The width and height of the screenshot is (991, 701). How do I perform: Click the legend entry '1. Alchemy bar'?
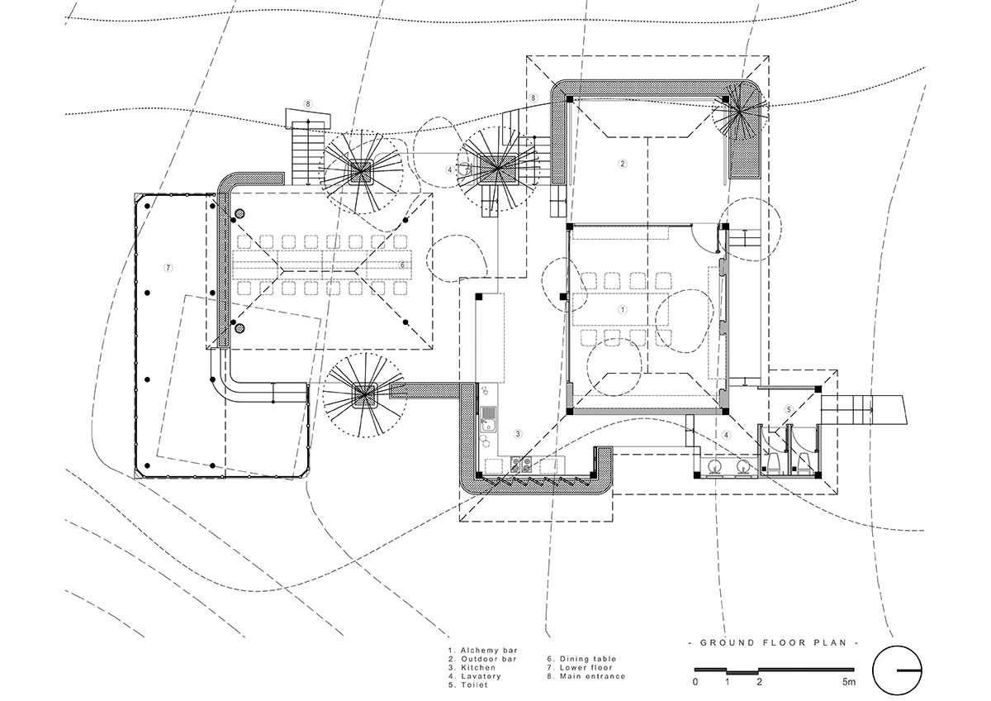pyautogui.click(x=482, y=651)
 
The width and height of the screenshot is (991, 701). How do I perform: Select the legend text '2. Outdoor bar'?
pyautogui.click(x=482, y=659)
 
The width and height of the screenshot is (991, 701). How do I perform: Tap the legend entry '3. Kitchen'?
pyautogui.click(x=472, y=667)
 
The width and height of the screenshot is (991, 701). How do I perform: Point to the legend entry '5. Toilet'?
pyautogui.click(x=468, y=684)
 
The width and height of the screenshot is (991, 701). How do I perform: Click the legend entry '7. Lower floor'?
pyautogui.click(x=580, y=667)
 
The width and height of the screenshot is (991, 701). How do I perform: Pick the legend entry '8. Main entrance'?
pyautogui.click(x=586, y=676)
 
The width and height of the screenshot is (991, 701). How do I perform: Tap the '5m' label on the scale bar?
pyautogui.click(x=849, y=681)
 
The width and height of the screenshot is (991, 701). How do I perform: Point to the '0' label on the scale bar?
pyautogui.click(x=695, y=681)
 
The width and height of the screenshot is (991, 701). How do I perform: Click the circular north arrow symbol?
pyautogui.click(x=897, y=670)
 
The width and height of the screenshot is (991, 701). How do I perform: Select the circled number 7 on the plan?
pyautogui.click(x=168, y=268)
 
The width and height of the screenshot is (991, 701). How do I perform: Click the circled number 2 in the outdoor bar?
pyautogui.click(x=623, y=164)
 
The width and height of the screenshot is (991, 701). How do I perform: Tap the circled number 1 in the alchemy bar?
pyautogui.click(x=623, y=309)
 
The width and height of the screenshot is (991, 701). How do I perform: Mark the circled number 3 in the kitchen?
pyautogui.click(x=518, y=434)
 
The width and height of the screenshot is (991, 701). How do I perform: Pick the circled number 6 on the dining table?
pyautogui.click(x=402, y=265)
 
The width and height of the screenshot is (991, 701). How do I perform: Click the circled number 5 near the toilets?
pyautogui.click(x=789, y=410)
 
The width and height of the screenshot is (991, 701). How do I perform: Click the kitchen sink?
pyautogui.click(x=488, y=418)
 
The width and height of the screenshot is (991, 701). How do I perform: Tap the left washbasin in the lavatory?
pyautogui.click(x=714, y=467)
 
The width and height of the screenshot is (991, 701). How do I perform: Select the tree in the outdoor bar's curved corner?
pyautogui.click(x=739, y=112)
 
